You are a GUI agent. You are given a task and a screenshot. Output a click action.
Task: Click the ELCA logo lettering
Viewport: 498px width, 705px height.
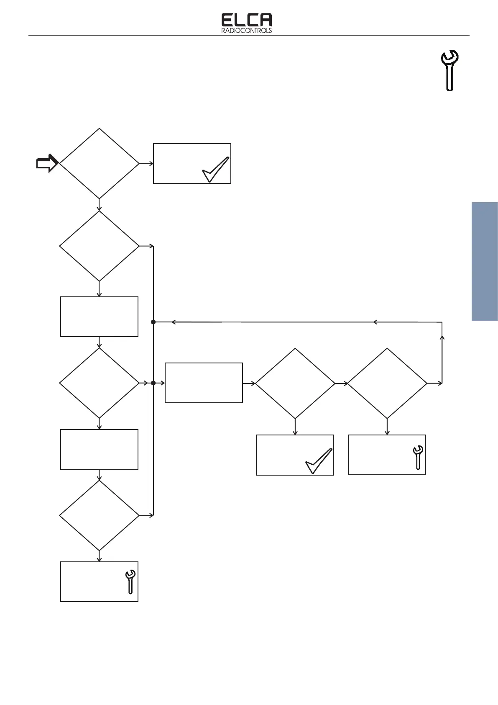tap(246, 20)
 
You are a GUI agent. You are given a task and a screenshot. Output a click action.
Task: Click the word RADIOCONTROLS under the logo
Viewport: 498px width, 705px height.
tap(246, 31)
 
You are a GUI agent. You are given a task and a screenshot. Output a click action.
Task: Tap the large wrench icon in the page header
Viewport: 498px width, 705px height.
tap(449, 70)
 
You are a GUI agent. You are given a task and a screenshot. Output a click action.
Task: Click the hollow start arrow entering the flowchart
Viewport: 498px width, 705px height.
tap(47, 163)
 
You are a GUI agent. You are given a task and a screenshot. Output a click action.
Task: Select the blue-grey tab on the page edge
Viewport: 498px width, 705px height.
tap(485, 262)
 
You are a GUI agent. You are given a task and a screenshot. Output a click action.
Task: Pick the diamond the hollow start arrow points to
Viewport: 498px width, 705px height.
tap(99, 163)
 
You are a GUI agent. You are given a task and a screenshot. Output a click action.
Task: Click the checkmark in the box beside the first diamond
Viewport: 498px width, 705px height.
tap(216, 170)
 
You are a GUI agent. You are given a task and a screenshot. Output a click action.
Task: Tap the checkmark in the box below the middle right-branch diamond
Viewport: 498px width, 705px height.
tap(319, 461)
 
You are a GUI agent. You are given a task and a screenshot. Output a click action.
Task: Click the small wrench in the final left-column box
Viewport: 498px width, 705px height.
tap(130, 581)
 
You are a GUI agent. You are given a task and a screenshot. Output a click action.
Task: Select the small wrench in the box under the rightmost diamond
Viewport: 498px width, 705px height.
tap(418, 457)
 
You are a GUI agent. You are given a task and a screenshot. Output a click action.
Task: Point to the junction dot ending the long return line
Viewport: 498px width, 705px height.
tap(153, 322)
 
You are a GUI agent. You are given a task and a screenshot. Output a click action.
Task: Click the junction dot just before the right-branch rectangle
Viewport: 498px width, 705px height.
tap(153, 383)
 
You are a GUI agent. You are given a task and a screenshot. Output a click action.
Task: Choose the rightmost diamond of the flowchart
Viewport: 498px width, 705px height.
tap(387, 383)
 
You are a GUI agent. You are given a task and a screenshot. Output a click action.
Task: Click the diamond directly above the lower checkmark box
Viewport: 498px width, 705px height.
tap(295, 383)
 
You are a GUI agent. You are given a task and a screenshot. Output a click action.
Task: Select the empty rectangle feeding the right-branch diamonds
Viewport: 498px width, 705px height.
tap(204, 383)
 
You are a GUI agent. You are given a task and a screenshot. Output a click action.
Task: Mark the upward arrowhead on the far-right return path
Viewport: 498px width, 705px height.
tap(442, 337)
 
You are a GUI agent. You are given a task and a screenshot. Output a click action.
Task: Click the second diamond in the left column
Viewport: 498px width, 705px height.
tap(99, 246)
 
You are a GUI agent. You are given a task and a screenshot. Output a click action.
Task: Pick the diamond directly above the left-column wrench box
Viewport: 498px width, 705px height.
tap(99, 515)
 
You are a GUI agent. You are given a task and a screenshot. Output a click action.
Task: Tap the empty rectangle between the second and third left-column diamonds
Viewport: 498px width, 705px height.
tap(99, 316)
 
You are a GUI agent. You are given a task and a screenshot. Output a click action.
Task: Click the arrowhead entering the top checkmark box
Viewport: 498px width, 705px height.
tap(151, 163)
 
